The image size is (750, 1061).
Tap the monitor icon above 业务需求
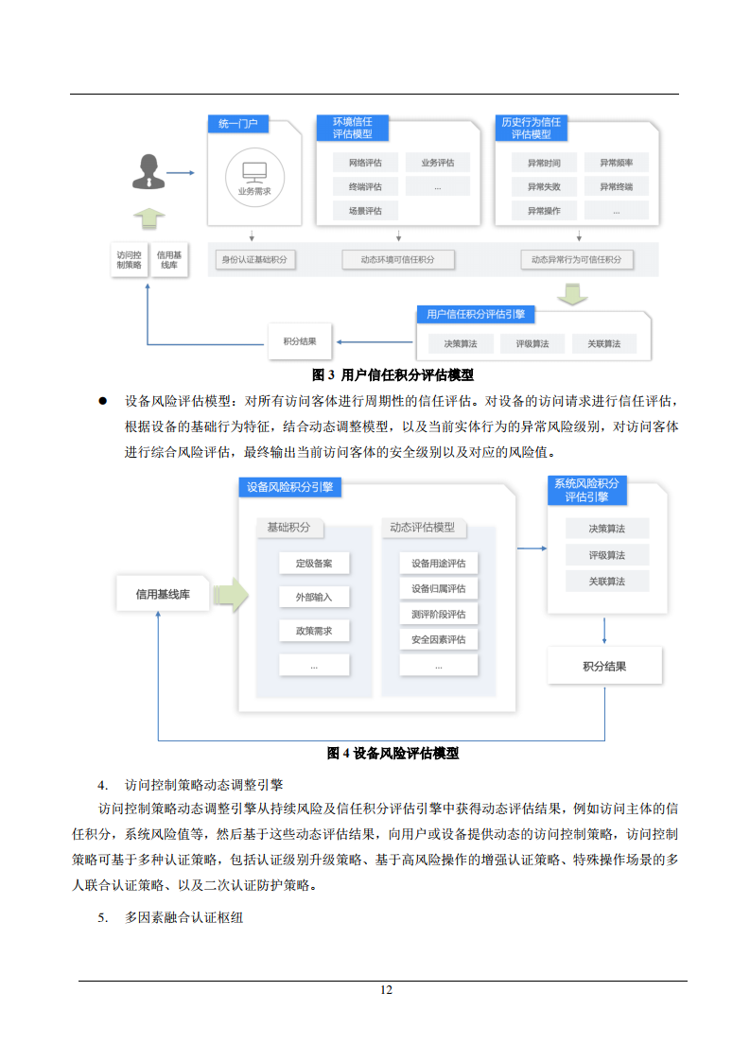(254, 172)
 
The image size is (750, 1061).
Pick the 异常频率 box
(616, 163)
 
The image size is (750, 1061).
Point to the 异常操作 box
(544, 211)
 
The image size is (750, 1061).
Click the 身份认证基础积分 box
(253, 259)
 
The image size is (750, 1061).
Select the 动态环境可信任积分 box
(397, 259)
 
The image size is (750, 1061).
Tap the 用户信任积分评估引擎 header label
(477, 314)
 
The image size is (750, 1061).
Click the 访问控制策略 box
(129, 260)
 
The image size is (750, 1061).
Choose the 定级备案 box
(314, 564)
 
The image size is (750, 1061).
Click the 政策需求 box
(314, 631)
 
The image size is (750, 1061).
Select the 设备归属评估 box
(439, 589)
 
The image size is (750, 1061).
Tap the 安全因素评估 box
(439, 640)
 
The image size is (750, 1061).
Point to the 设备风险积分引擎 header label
(289, 487)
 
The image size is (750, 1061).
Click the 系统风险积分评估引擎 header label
(586, 490)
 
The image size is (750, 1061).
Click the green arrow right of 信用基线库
(231, 596)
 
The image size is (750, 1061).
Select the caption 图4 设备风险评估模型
(392, 754)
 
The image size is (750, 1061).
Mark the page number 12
(386, 990)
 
